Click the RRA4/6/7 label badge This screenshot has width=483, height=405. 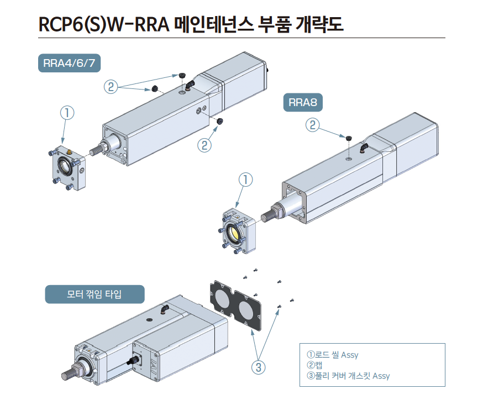tap(69, 63)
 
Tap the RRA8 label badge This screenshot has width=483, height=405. tap(303, 103)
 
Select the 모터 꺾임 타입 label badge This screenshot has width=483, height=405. tap(94, 294)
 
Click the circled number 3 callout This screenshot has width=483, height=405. tap(258, 366)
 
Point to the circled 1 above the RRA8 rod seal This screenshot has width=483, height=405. tap(246, 180)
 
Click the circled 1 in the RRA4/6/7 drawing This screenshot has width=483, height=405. tap(66, 113)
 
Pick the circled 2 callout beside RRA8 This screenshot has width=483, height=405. tap(313, 125)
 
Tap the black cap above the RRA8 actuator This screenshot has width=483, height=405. tap(349, 138)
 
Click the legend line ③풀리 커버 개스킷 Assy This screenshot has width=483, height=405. tap(348, 376)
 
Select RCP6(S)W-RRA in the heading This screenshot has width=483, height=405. tap(105, 24)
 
